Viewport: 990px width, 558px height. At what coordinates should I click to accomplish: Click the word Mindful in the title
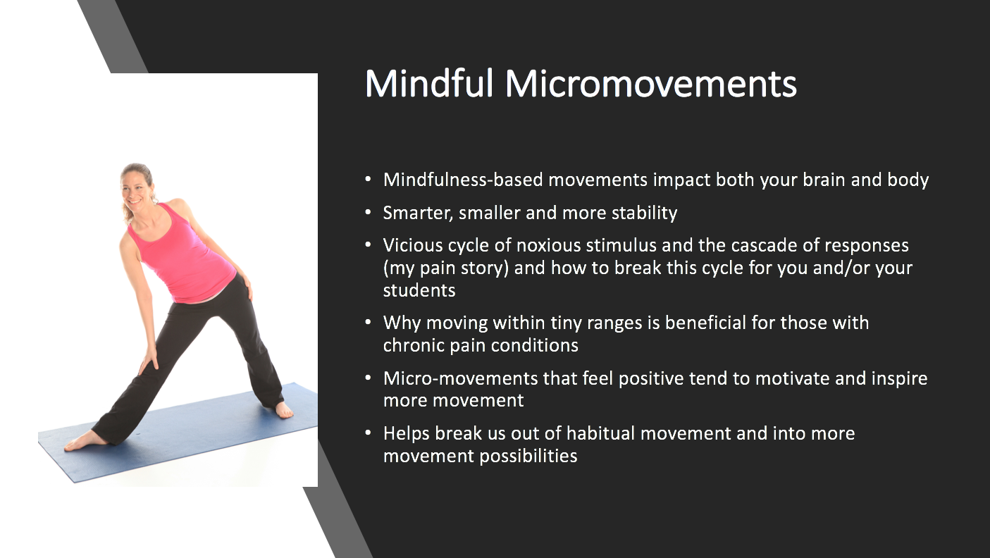point(428,83)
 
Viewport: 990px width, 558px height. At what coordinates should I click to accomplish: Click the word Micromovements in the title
point(650,83)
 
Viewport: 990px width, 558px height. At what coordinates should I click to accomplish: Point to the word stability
point(644,213)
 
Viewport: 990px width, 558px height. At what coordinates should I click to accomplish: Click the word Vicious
point(412,245)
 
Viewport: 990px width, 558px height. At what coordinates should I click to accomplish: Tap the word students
point(419,290)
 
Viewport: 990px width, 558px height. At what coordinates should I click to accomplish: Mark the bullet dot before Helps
point(368,433)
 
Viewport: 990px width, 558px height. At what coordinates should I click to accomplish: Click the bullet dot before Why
point(368,323)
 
